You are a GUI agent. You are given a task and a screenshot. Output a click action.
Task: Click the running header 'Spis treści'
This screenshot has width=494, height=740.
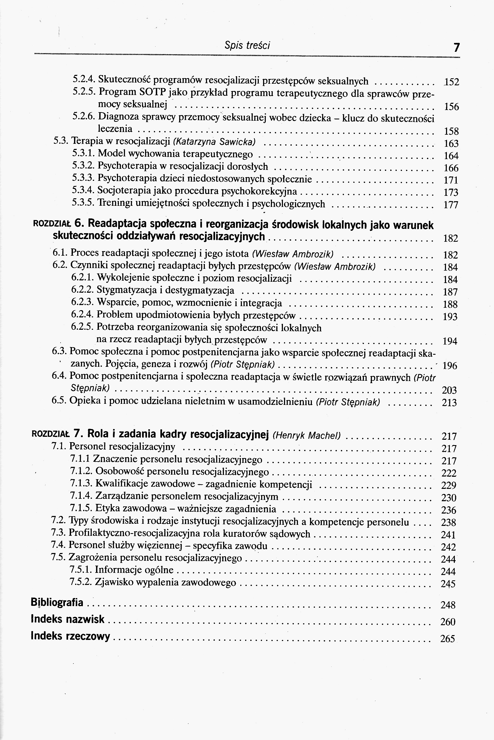[x=247, y=46]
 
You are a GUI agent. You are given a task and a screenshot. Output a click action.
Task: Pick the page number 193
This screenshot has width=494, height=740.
[x=450, y=316]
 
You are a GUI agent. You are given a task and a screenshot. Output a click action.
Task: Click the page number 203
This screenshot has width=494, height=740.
[x=449, y=390]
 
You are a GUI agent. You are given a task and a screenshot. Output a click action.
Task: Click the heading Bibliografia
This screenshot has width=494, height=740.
[x=57, y=602]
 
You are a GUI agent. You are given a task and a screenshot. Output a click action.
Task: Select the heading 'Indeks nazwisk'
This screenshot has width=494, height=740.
[x=68, y=619]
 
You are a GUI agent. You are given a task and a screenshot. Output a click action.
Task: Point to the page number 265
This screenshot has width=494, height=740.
[x=448, y=639]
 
